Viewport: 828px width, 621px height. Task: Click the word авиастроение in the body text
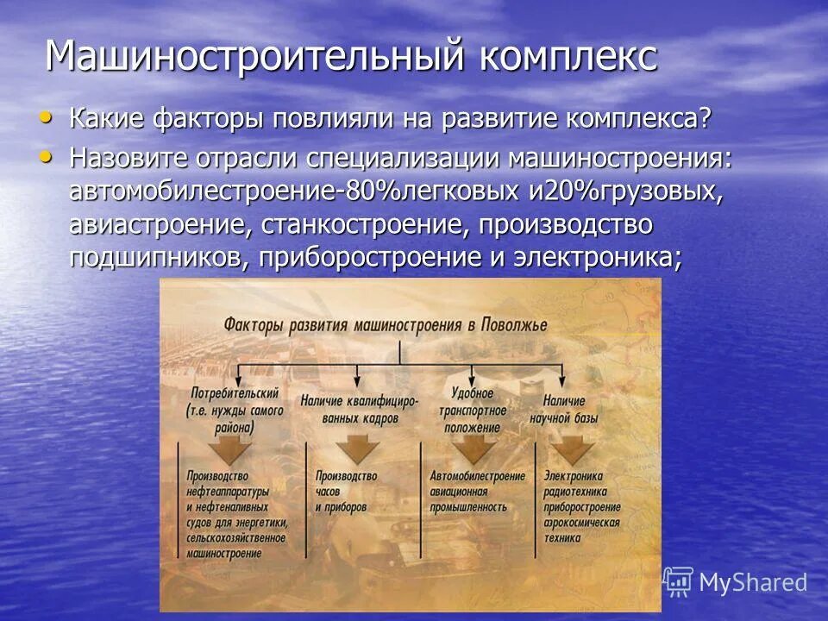[160, 225]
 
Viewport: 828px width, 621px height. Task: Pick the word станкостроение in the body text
[353, 225]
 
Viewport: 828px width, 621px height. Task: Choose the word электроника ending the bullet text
[589, 258]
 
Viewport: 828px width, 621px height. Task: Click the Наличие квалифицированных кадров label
[359, 410]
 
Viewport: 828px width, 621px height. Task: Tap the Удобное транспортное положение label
[474, 410]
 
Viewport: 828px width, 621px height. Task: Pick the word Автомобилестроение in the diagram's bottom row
[477, 476]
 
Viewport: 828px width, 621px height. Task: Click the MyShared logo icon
[679, 582]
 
